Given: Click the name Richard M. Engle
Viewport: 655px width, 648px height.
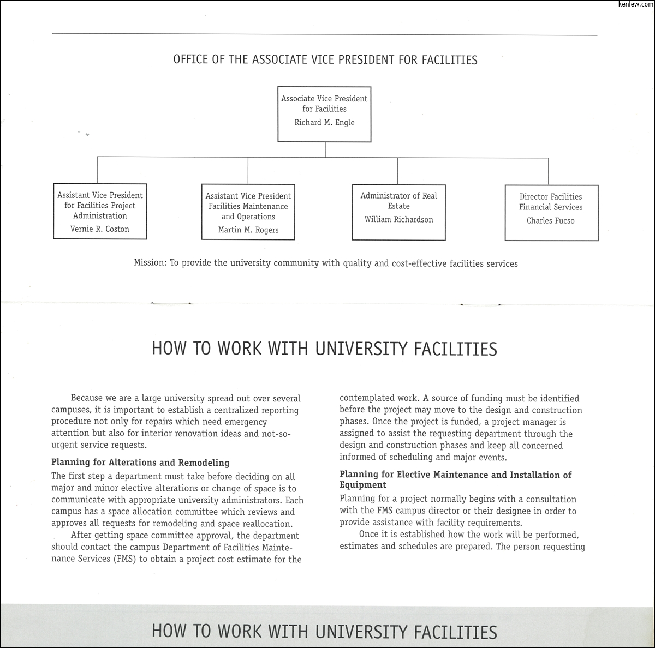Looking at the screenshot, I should click(324, 123).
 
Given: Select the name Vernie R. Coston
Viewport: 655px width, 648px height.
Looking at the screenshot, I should click(100, 229).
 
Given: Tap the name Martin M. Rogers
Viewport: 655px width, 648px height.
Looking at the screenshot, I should click(248, 230).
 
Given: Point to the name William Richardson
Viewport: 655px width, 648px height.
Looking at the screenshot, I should click(398, 220).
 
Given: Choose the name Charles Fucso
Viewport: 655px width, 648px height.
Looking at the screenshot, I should click(550, 221).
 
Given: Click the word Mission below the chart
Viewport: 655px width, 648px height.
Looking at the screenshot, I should click(149, 263).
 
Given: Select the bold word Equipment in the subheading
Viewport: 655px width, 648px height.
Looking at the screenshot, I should click(362, 485).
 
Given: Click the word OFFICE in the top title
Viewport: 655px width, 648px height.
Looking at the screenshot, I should click(191, 59).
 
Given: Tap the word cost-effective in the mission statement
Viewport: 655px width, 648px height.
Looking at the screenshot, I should click(419, 263).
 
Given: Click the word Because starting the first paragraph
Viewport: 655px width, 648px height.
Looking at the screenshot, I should click(89, 399).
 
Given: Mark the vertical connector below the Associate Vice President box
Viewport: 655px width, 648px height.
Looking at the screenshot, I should click(326, 149).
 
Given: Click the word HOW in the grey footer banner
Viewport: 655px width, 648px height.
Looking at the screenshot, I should click(167, 632).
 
